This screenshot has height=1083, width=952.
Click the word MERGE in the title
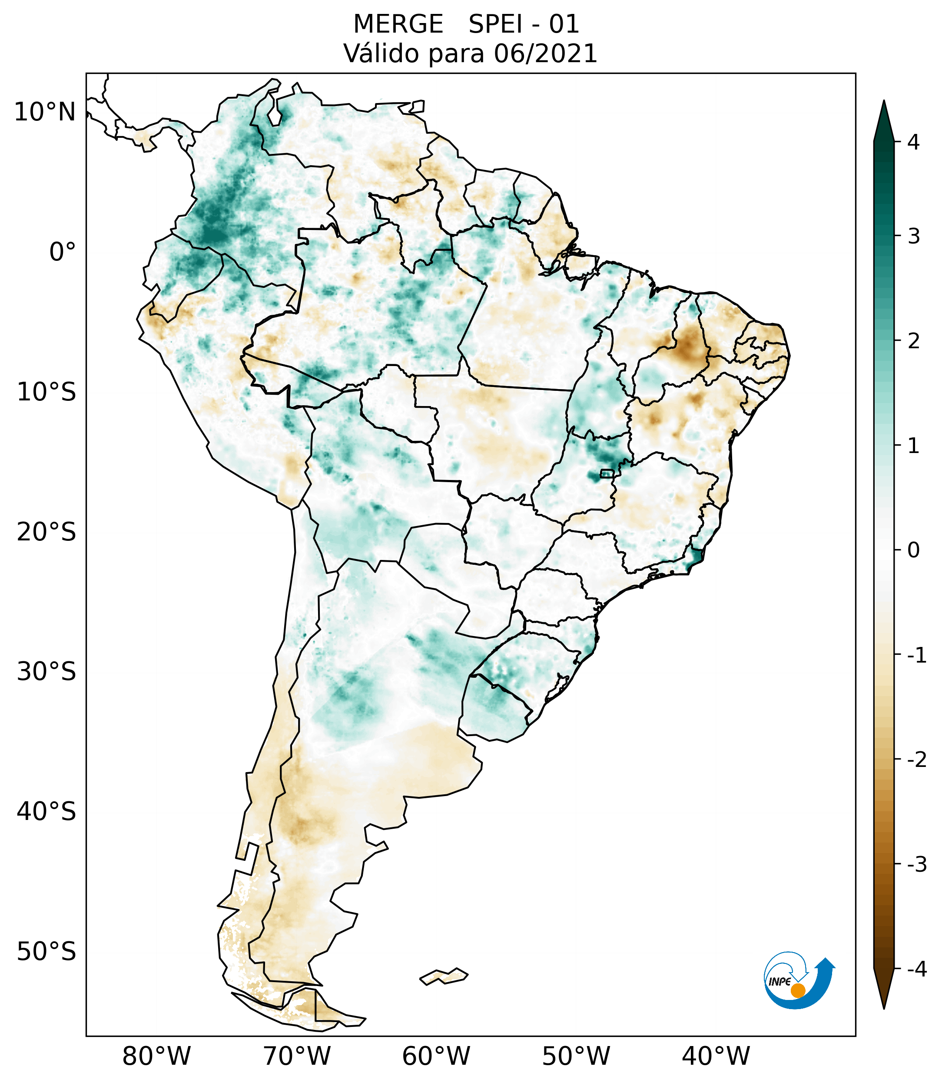coord(398,24)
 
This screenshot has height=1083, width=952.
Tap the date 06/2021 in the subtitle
coord(545,53)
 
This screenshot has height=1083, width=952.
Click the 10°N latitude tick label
coord(44,112)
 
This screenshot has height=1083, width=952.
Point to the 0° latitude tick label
coord(62,252)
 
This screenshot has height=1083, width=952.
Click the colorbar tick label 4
coord(913,142)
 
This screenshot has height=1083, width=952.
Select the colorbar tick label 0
coord(913,550)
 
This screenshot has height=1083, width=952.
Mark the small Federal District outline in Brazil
coord(607,473)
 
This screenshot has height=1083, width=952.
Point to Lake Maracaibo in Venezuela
coord(275,114)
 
